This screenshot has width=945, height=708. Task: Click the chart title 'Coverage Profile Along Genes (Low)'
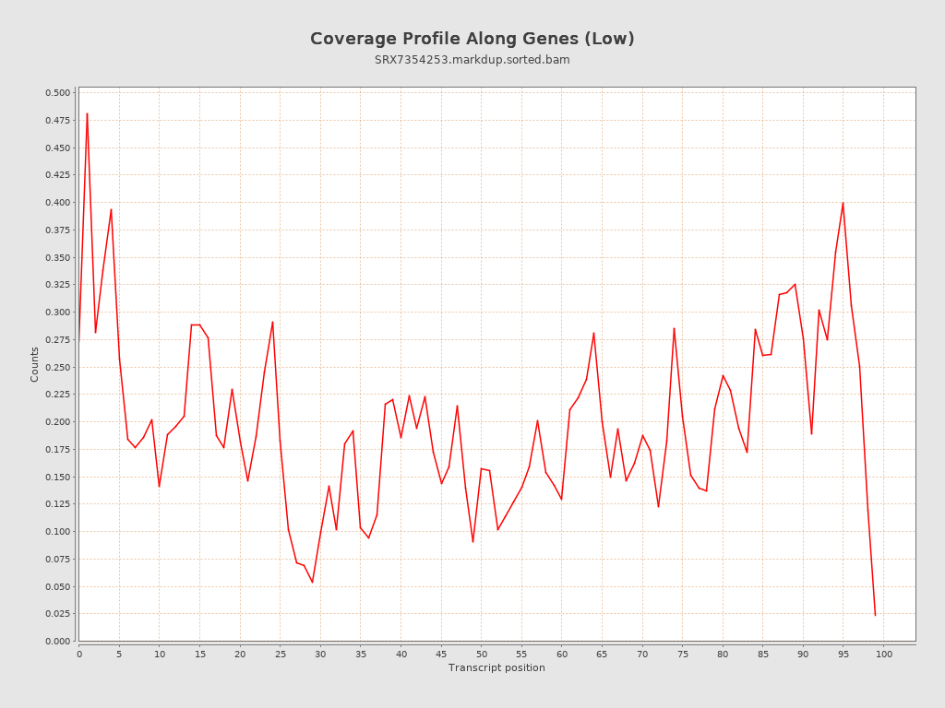(x=472, y=39)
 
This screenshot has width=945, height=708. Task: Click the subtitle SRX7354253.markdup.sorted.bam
(x=472, y=60)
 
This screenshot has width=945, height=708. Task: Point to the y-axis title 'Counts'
(x=35, y=364)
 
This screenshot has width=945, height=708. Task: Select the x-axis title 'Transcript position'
(x=496, y=667)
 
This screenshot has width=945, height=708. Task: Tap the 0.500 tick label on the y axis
(x=57, y=93)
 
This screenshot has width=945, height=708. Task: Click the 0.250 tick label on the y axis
(x=57, y=367)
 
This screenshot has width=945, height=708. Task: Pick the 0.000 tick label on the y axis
(x=57, y=641)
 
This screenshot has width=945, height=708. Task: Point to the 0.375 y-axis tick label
(x=57, y=230)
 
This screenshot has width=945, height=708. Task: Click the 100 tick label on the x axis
(x=884, y=655)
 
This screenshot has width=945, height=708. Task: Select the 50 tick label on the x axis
(x=482, y=655)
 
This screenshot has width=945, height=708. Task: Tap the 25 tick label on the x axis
(x=281, y=655)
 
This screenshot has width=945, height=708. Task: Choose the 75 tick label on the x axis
(x=683, y=655)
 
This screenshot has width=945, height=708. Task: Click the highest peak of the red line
(x=87, y=113)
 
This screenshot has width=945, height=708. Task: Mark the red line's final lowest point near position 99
(x=875, y=615)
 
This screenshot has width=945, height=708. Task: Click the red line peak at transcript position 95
(x=843, y=203)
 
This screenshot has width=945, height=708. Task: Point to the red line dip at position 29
(x=312, y=583)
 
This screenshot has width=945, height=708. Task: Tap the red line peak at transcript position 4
(x=111, y=209)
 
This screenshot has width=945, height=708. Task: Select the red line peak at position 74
(x=674, y=328)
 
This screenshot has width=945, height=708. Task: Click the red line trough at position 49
(x=472, y=542)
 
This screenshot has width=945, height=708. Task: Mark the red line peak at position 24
(x=272, y=322)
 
